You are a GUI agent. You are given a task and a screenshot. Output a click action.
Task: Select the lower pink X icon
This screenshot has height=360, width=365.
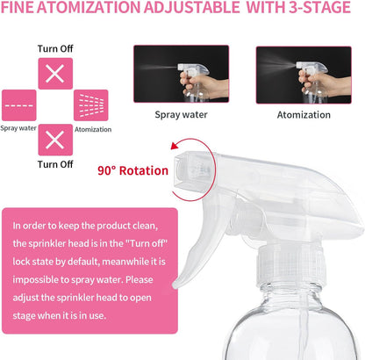click(54, 139)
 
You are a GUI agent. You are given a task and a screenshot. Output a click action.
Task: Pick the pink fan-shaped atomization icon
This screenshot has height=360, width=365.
click(90, 106)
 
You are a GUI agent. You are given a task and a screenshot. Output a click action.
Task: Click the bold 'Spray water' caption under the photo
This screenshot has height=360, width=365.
click(182, 114)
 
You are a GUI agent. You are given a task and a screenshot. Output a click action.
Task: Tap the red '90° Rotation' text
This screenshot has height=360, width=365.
click(133, 169)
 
